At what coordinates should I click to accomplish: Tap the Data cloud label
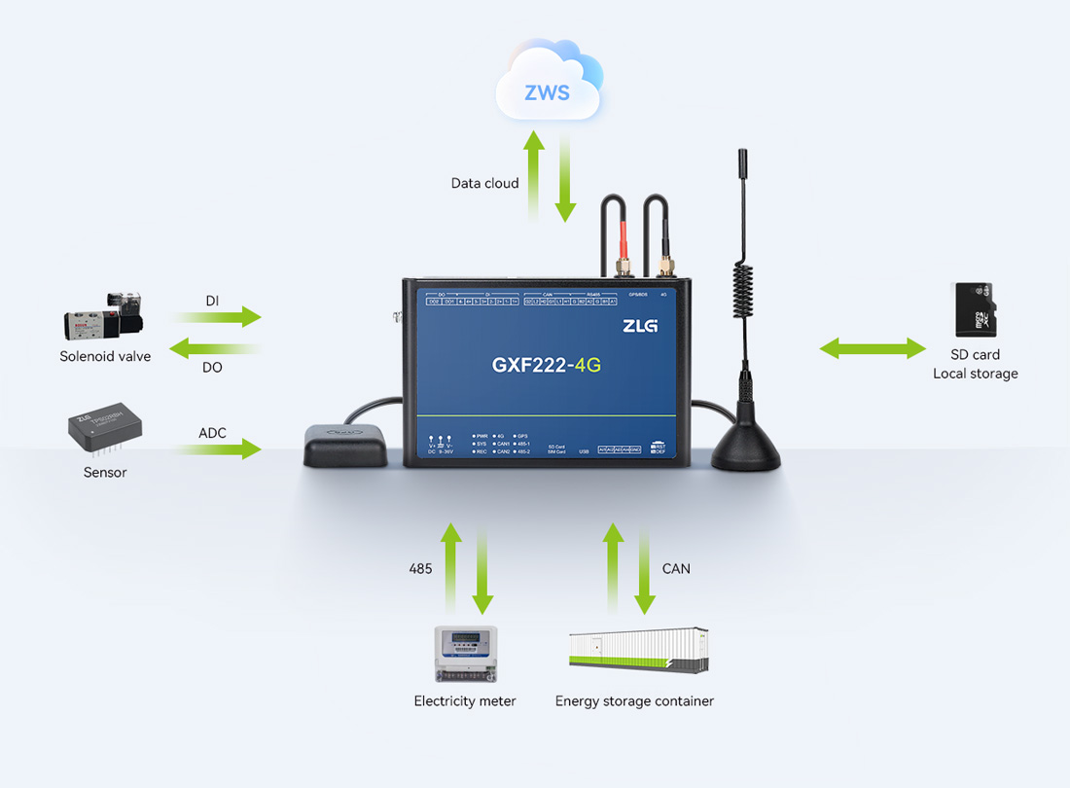coord(484,183)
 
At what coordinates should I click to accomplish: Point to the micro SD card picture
coord(974,308)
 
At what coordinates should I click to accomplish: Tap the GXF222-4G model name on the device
coord(546,366)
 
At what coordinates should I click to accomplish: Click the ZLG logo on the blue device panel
coord(640,326)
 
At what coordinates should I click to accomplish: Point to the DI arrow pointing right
coord(220,316)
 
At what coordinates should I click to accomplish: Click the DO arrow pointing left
coord(213,348)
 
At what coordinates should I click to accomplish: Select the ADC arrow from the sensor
coord(220,448)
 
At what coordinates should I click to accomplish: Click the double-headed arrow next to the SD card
coord(873,348)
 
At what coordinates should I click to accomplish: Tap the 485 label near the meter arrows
coord(420,568)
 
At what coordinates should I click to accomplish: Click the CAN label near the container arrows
coord(675,568)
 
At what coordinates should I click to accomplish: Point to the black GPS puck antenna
coord(345,446)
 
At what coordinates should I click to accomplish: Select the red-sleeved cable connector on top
coord(622,243)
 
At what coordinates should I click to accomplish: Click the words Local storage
coord(975,374)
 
